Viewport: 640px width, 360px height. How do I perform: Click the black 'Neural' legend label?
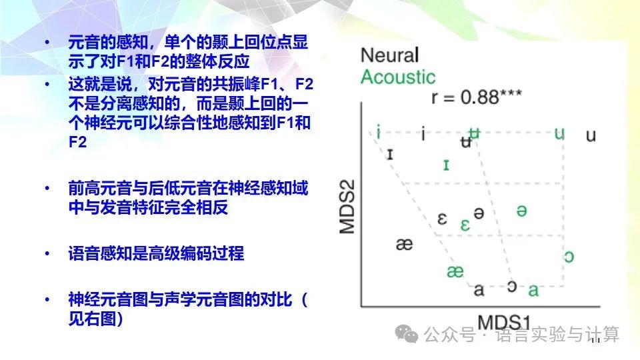(x=390, y=55)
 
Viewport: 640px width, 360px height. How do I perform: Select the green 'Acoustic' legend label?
(x=398, y=77)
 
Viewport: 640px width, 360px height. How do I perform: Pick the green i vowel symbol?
(x=378, y=132)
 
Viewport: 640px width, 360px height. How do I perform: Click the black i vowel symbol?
(x=423, y=134)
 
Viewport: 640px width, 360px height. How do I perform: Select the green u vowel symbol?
(x=559, y=133)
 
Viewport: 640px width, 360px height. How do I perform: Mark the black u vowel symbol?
(x=591, y=135)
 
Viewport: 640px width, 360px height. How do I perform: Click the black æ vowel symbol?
(x=404, y=244)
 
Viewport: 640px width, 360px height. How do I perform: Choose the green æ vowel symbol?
(x=455, y=271)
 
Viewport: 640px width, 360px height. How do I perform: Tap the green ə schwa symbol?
(x=522, y=210)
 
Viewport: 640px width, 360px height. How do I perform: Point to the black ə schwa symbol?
(x=478, y=213)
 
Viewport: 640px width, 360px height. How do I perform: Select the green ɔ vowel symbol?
(x=568, y=256)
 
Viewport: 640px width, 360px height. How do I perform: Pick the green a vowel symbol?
(x=533, y=290)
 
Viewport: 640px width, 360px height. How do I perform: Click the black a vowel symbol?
(x=479, y=289)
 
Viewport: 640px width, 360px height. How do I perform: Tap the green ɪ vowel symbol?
(x=446, y=164)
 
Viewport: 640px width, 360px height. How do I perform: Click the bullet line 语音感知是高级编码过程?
(x=156, y=254)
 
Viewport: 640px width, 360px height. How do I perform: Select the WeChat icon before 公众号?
(x=405, y=333)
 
